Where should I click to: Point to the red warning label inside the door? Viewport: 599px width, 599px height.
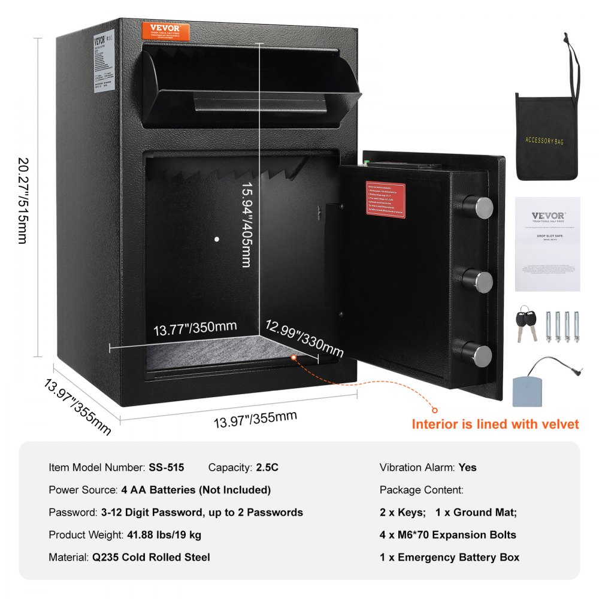pyautogui.click(x=386, y=199)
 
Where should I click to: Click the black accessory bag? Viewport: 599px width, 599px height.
pyautogui.click(x=546, y=136)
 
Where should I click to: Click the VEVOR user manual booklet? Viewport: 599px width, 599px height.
pyautogui.click(x=547, y=244)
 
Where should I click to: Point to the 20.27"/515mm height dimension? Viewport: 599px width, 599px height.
pyautogui.click(x=22, y=201)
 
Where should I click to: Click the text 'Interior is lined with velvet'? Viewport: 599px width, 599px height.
pyautogui.click(x=495, y=424)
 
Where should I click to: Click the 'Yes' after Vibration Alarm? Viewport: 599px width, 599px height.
pyautogui.click(x=468, y=467)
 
